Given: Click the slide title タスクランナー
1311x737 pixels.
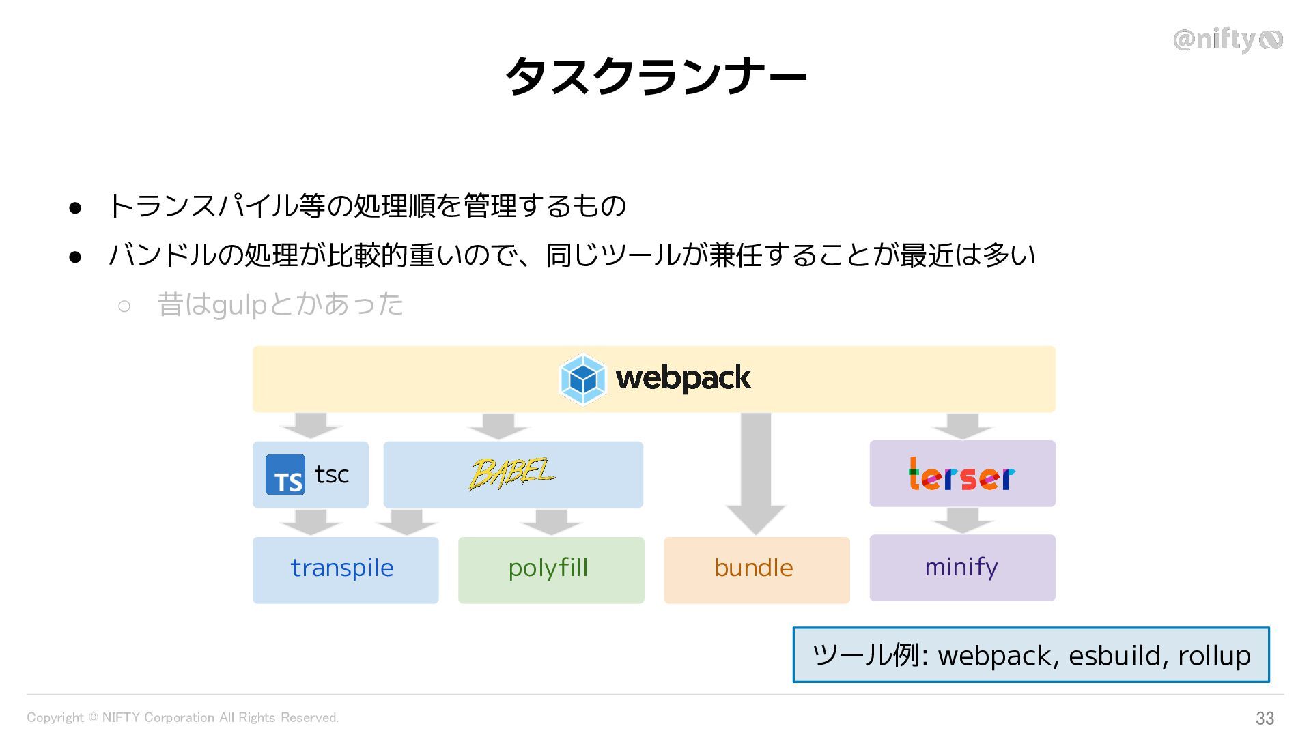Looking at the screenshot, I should click(655, 76).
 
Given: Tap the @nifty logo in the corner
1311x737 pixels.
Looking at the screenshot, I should click(1227, 40).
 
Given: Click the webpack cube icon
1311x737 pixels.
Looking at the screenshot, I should click(582, 379).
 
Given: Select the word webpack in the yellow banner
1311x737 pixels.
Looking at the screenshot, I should click(683, 378).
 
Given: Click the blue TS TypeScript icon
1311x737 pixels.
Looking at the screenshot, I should click(285, 475).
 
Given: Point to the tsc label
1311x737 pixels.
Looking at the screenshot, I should click(332, 474).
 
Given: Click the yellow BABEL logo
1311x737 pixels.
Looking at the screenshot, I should click(512, 474).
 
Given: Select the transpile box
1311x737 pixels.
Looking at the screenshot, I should click(345, 569).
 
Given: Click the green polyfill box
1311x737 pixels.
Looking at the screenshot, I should click(550, 569).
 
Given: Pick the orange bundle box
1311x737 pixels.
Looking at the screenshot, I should click(756, 569).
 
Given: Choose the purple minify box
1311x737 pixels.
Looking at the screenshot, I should click(961, 567).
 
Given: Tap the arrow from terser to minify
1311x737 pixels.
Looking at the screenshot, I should click(962, 520).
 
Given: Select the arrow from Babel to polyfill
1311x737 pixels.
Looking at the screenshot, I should click(550, 522).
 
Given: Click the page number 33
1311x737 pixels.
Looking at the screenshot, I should click(1265, 718).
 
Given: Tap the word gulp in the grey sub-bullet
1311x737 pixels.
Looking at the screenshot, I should click(239, 305).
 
